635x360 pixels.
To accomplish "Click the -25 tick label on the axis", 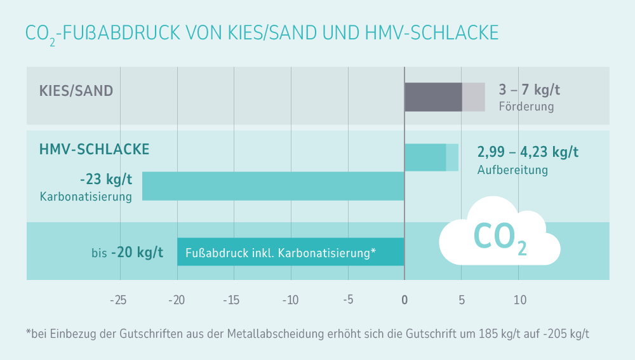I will click(x=117, y=300).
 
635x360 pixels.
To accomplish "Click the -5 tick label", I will click(x=347, y=300).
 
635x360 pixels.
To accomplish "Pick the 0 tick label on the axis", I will click(x=404, y=300).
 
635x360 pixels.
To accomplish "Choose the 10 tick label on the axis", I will click(x=519, y=300).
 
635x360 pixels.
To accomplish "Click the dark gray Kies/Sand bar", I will click(x=433, y=97).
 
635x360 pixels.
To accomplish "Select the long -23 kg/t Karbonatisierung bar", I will click(x=273, y=186).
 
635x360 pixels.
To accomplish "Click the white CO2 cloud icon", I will click(x=499, y=233).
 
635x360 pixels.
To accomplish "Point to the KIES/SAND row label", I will click(x=76, y=91).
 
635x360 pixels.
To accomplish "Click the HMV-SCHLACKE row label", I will click(x=95, y=149).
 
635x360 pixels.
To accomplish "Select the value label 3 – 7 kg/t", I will click(x=530, y=90).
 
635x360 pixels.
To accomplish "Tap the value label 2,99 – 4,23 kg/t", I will click(x=528, y=152).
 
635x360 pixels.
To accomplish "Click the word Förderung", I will click(x=526, y=107).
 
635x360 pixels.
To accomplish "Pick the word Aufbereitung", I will click(x=512, y=170).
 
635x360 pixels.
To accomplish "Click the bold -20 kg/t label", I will click(x=137, y=253).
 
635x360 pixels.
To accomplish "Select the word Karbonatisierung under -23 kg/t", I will click(x=86, y=197).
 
